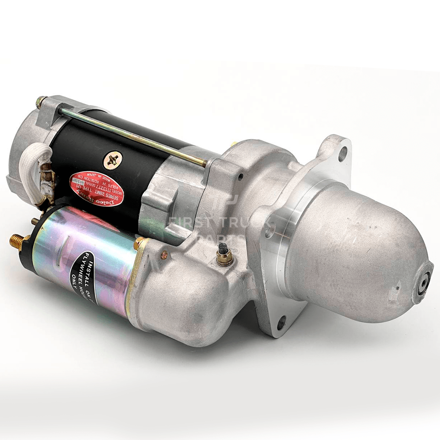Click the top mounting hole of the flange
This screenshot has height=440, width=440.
(x=343, y=153)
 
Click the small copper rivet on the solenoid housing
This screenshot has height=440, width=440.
(x=164, y=253)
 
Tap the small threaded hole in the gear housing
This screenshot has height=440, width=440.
(x=240, y=178)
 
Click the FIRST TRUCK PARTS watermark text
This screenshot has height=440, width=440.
(x=220, y=224)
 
